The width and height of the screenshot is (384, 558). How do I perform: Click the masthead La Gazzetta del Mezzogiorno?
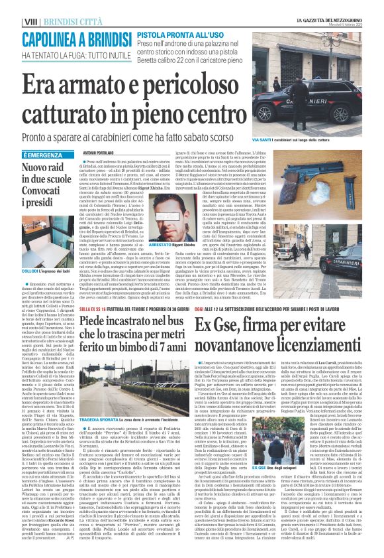point(334,5)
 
